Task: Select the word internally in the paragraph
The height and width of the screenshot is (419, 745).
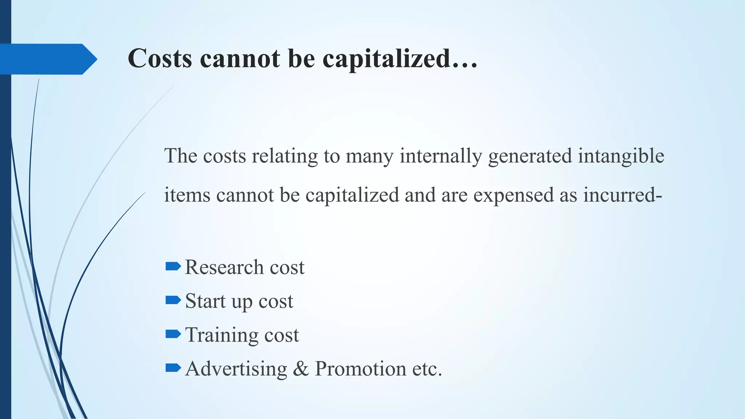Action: coord(441,156)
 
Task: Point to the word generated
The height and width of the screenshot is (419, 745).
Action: coord(530,156)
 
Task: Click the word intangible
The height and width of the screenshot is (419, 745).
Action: coord(621,156)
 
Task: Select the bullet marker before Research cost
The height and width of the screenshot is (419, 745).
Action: coord(173,267)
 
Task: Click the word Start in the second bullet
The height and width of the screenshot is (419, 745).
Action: coord(206,301)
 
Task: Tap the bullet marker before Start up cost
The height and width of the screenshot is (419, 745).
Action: coord(173,300)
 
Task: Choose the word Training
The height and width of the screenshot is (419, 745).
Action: coord(222,335)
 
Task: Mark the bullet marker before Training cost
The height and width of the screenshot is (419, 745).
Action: coord(173,334)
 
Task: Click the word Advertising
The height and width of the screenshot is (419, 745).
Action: coord(236,369)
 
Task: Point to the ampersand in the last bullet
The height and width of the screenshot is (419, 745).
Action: coord(301,369)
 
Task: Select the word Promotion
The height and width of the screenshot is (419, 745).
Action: coord(360,369)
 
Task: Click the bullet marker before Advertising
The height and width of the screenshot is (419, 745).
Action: coord(173,368)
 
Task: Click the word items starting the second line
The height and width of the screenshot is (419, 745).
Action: coord(187,195)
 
